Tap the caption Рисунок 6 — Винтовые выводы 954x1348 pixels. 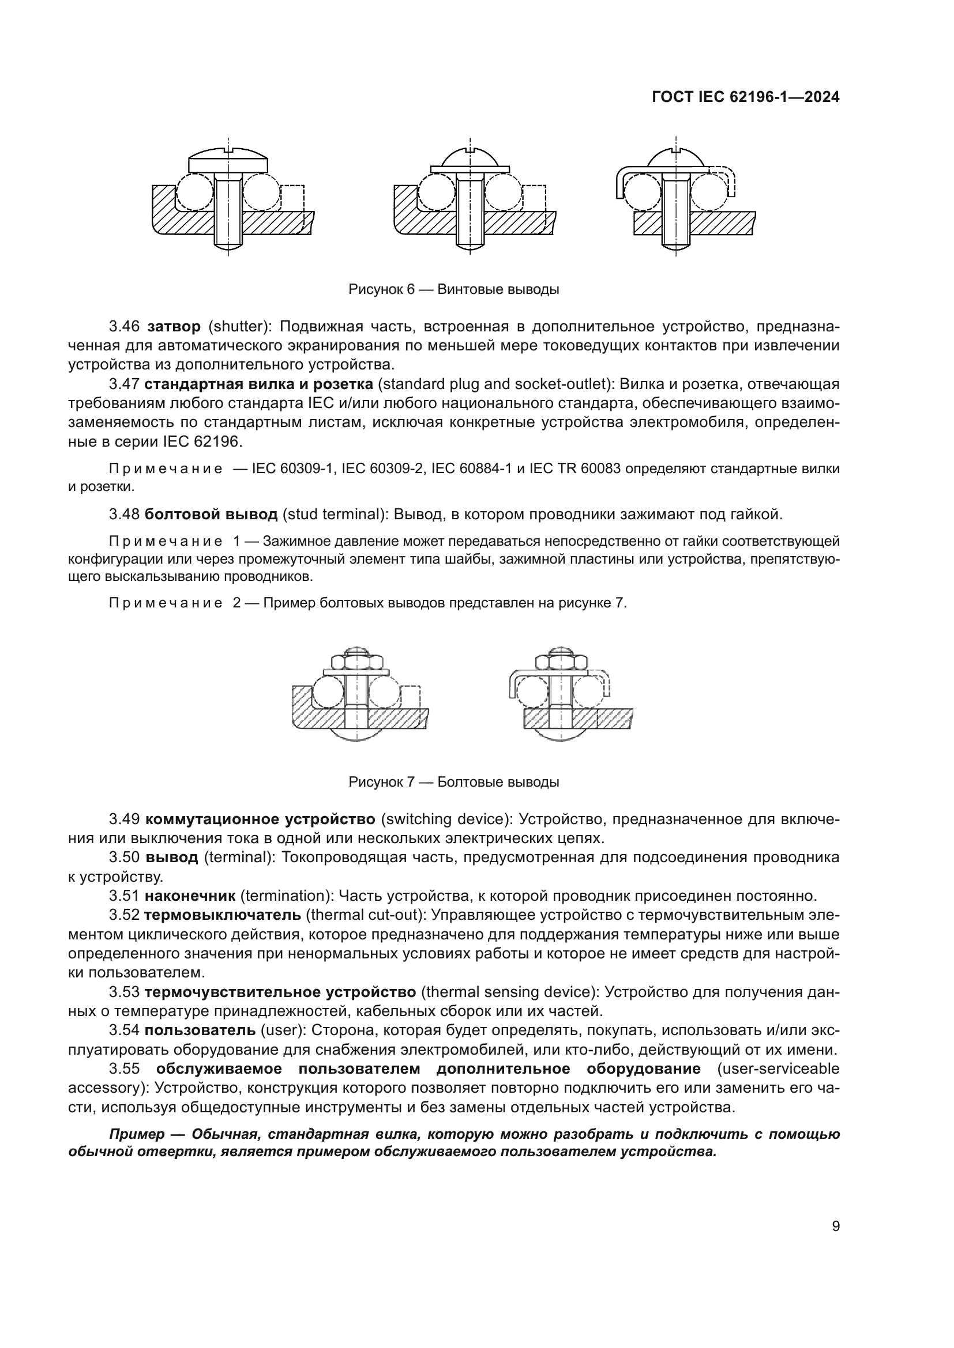pyautogui.click(x=453, y=289)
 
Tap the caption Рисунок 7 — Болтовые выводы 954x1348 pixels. pyautogui.click(x=453, y=782)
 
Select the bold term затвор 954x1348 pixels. pyautogui.click(x=174, y=326)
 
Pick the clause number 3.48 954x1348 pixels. pyautogui.click(x=124, y=515)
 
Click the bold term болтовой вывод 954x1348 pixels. pyautogui.click(x=211, y=515)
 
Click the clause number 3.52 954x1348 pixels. pyautogui.click(x=124, y=915)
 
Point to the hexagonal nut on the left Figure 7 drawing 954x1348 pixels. pyautogui.click(x=355, y=663)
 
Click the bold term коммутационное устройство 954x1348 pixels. pyautogui.click(x=260, y=819)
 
